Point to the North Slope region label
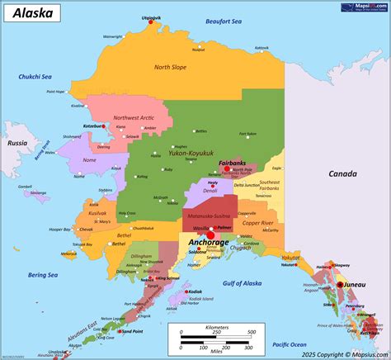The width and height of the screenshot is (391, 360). click(x=171, y=67)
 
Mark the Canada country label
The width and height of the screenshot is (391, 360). click(x=342, y=173)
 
